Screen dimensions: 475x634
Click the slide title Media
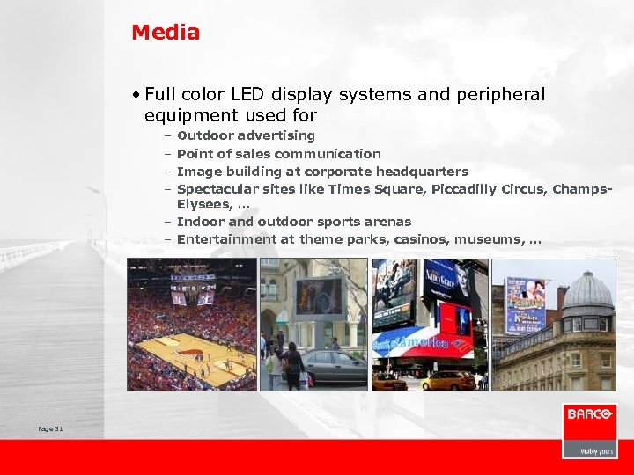pyautogui.click(x=166, y=33)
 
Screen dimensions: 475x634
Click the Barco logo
pyautogui.click(x=589, y=415)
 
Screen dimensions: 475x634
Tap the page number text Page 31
pyautogui.click(x=50, y=428)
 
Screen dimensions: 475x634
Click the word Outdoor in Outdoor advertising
pyautogui.click(x=205, y=135)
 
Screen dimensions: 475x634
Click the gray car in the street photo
pyautogui.click(x=334, y=368)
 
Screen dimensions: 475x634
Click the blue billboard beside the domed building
pyautogui.click(x=526, y=303)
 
